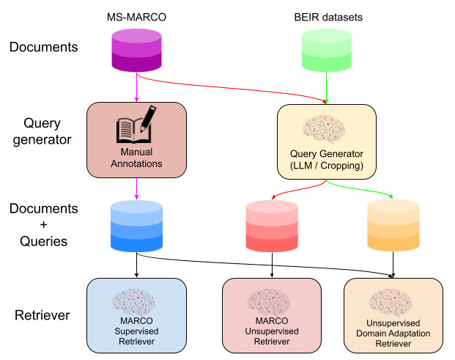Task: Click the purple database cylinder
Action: (x=136, y=51)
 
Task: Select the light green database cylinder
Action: (x=327, y=51)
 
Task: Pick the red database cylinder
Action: (x=272, y=226)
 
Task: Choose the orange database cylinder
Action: (x=393, y=226)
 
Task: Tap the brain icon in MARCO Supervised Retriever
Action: (x=135, y=301)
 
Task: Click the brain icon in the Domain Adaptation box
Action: (x=393, y=302)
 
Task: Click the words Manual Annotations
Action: (x=136, y=158)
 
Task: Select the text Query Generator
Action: (x=327, y=154)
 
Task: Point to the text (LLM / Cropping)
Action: (x=327, y=166)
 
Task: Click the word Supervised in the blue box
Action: (x=136, y=331)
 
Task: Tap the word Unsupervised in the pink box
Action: (x=272, y=331)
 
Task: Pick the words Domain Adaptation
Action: (x=393, y=333)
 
